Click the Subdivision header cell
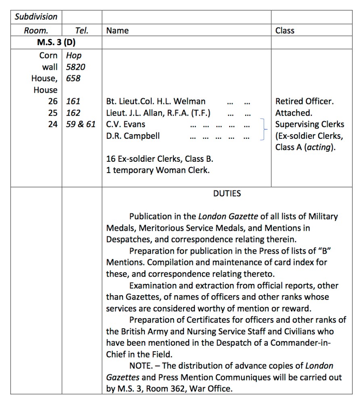36,17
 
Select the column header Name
117,31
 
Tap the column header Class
285,31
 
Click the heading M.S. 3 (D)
56,42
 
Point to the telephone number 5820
75,67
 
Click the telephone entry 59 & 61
81,124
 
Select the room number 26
52,101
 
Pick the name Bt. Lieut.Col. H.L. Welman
156,101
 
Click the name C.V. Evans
125,124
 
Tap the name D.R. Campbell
133,136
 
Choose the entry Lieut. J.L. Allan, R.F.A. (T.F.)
158,113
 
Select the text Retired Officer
305,101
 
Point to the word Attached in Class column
294,113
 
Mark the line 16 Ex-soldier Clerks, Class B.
160,159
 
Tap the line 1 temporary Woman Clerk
158,170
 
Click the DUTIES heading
227,194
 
